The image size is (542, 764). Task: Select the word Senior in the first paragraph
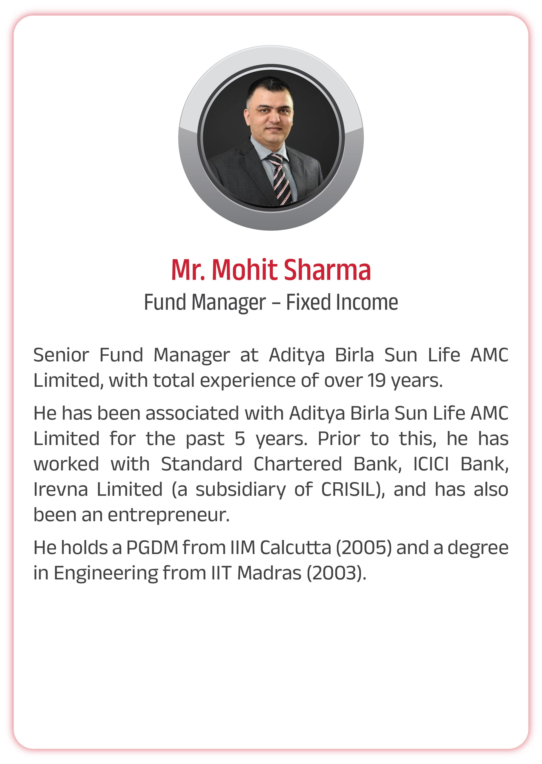pos(62,355)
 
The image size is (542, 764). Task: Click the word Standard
pos(202,464)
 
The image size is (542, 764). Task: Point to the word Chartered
pos(298,464)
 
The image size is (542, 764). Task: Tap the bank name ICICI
pos(431,464)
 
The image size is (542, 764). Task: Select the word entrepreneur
pos(168,515)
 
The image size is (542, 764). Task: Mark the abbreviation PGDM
pos(152,548)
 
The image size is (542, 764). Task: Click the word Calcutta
pos(295,548)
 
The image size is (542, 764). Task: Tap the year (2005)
pos(364,548)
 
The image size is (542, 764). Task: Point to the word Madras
pos(269,573)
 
